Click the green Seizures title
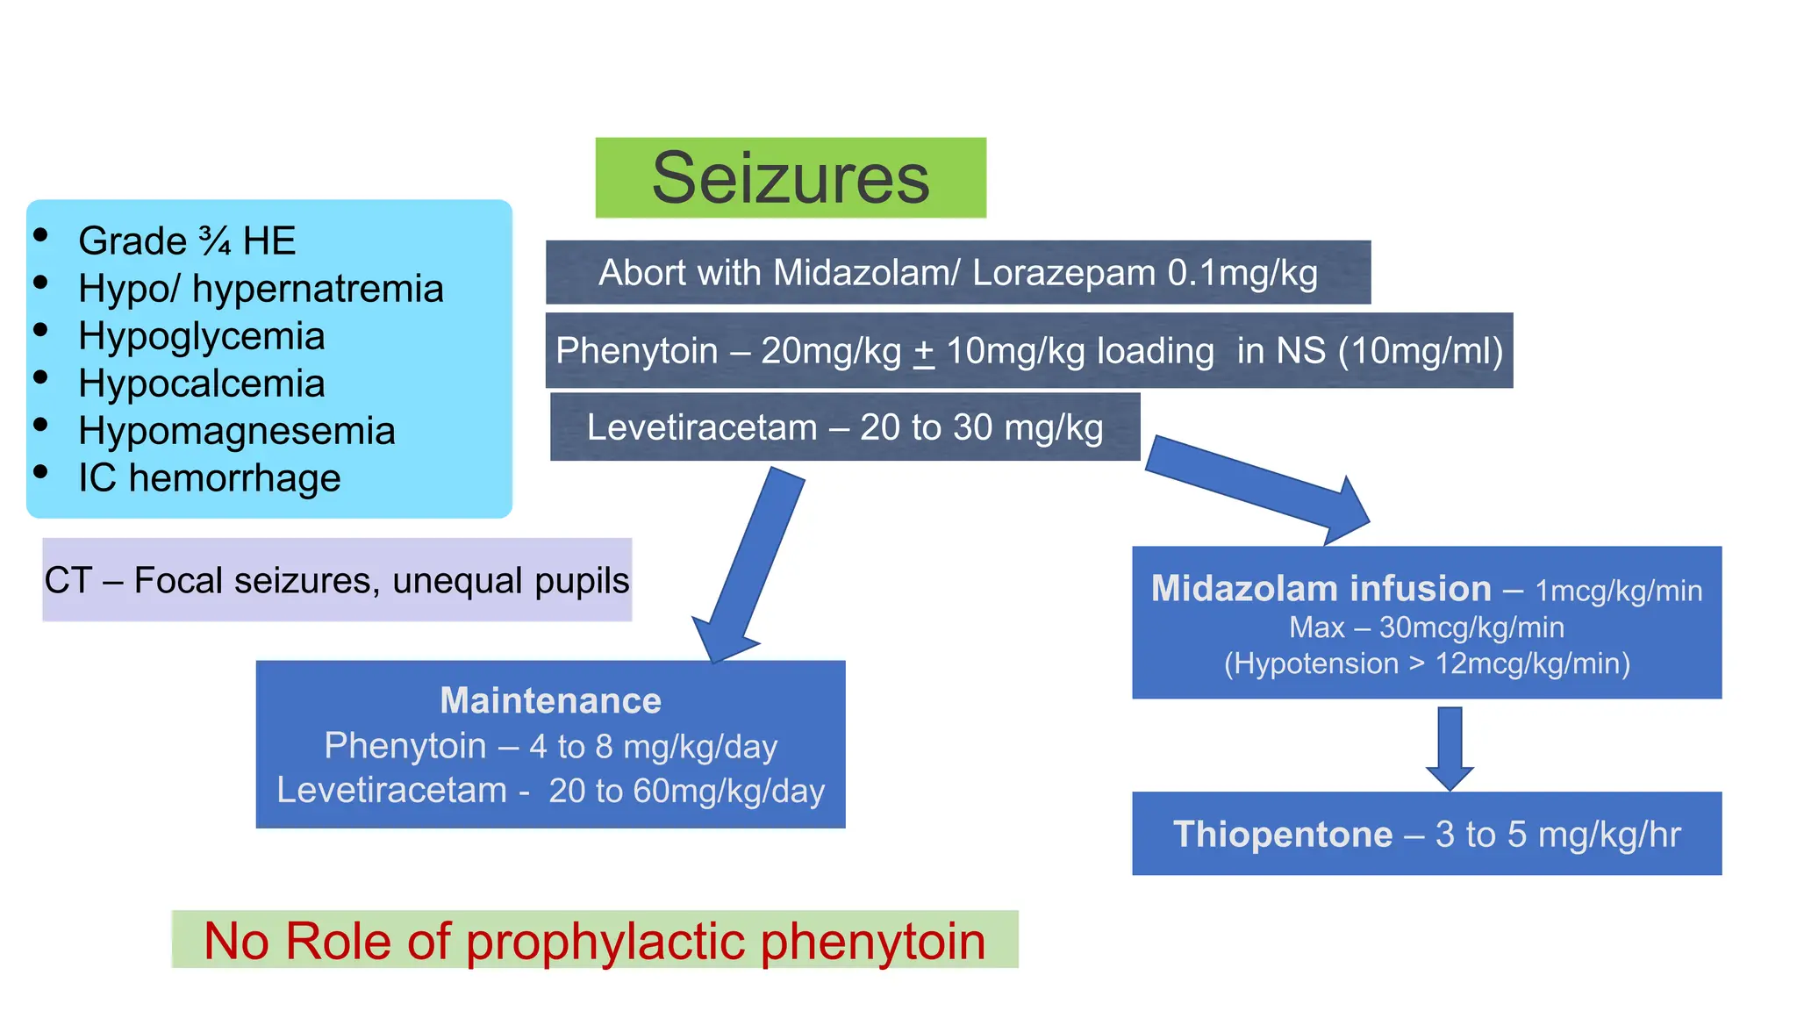(791, 178)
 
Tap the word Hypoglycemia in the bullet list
(201, 337)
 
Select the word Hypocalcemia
(201, 384)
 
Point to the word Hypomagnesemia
(236, 432)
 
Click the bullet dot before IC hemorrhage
(40, 471)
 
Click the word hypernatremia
(318, 290)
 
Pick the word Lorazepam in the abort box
(1063, 274)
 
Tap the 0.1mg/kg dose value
(1242, 274)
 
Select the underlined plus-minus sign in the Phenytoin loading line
(923, 352)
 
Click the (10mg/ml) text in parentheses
(1421, 352)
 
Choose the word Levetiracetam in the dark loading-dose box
(702, 428)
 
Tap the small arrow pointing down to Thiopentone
(1450, 749)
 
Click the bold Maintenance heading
(550, 700)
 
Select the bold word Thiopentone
(1283, 835)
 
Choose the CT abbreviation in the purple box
(68, 581)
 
